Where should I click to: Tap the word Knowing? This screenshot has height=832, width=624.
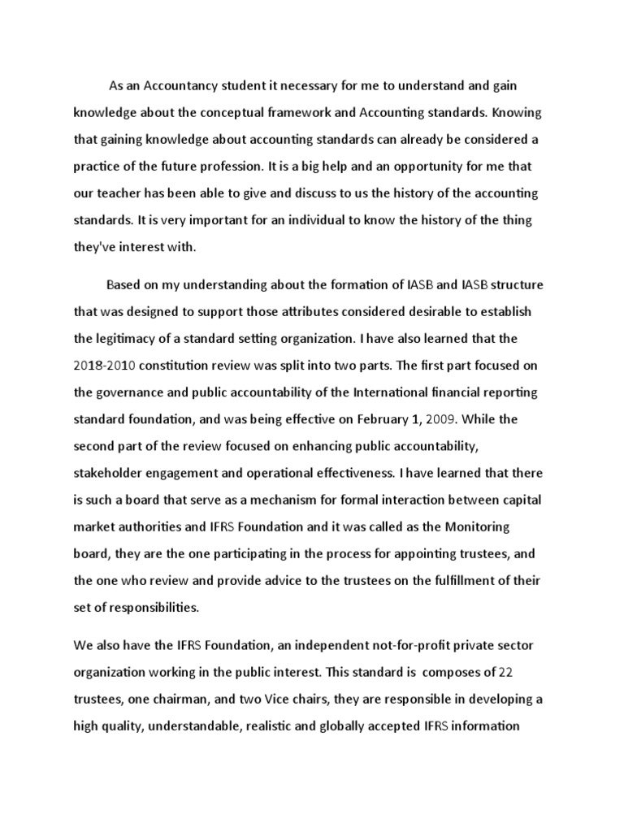pos(513,111)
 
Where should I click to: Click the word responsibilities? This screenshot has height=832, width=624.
pos(149,608)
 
